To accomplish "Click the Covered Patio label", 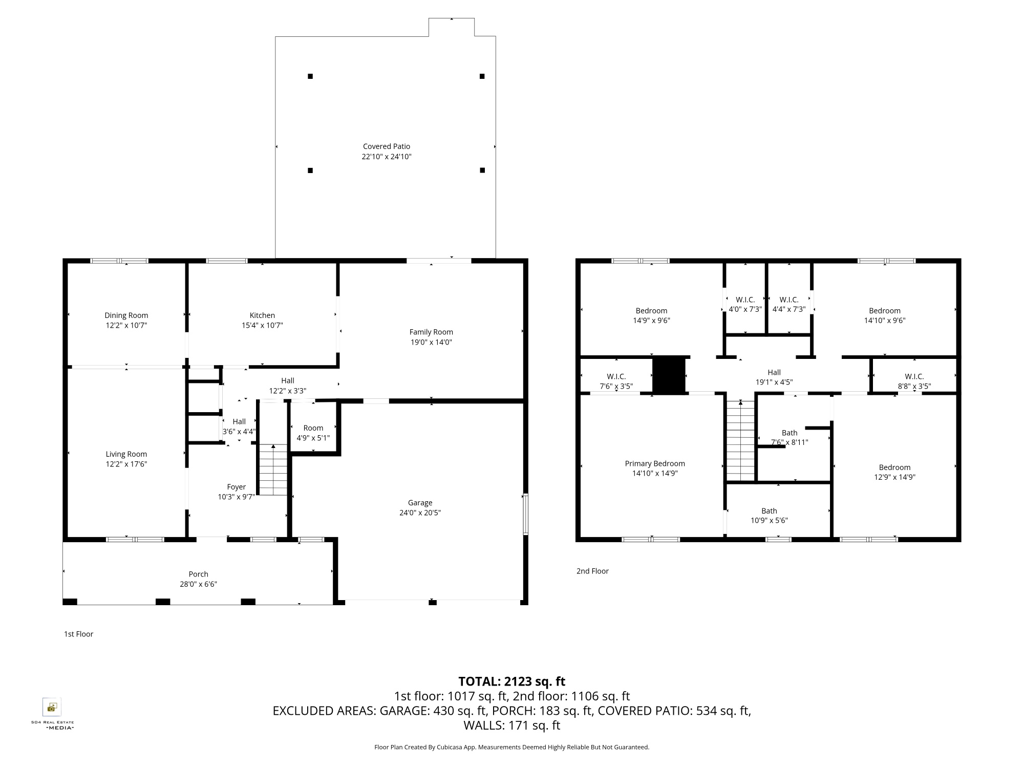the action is (387, 146).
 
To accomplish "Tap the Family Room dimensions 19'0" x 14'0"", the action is (431, 342).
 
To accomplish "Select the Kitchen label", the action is (262, 315).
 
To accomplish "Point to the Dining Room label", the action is (126, 315).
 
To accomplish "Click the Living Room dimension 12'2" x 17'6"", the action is (126, 464).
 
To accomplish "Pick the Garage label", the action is (420, 503).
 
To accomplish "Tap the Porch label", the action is (198, 574).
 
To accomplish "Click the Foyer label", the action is (237, 487).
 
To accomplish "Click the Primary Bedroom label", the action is (655, 463).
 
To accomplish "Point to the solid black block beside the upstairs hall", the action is (669, 376).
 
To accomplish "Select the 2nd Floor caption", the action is (592, 571).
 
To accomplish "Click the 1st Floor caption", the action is (78, 634).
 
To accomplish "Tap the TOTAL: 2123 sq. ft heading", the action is (511, 681).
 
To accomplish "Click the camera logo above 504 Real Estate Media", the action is (52, 707).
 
